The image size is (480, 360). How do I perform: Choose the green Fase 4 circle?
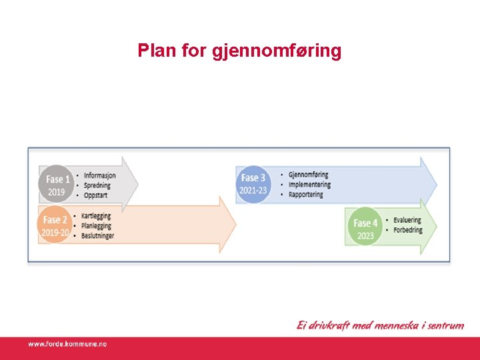365,229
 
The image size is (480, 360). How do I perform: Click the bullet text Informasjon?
99,175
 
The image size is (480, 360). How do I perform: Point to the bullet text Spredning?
97,185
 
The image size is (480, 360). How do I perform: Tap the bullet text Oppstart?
95,195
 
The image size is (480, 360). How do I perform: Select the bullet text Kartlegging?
96,216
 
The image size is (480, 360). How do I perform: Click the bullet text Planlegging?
96,226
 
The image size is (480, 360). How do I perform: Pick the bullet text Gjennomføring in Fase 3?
308,175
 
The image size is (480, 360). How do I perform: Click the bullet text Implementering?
310,185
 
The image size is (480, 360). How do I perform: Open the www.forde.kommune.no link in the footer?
67,344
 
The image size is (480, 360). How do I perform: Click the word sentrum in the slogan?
442,326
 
